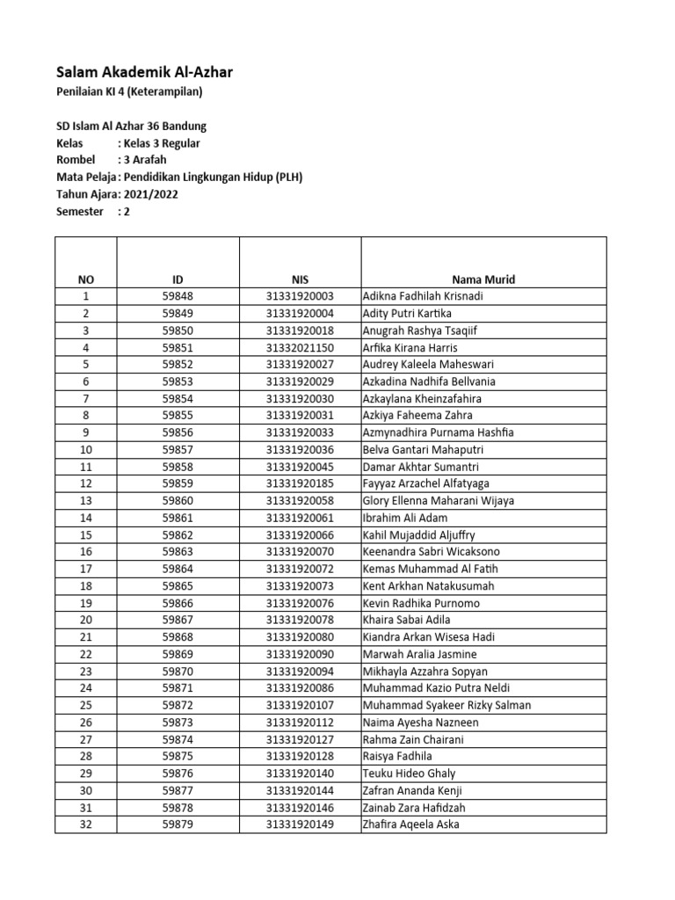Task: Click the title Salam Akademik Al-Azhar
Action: pos(144,72)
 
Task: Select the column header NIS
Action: pos(301,279)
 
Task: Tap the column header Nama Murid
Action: pos(483,279)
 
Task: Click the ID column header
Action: pos(178,279)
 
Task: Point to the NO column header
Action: pos(86,279)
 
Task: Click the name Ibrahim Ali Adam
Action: pos(404,519)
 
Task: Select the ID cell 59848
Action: pos(178,297)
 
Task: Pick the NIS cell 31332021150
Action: pos(301,348)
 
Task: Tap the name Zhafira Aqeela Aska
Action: pos(410,824)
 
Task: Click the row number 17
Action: pos(86,570)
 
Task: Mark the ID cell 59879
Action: pos(178,824)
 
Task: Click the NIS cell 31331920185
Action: pos(301,484)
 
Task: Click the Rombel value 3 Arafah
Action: pos(144,160)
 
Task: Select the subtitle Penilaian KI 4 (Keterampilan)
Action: pos(134,92)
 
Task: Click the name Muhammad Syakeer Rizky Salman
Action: pos(446,706)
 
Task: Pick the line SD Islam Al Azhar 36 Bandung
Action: pos(132,127)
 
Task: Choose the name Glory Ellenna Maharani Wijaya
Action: pos(439,501)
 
